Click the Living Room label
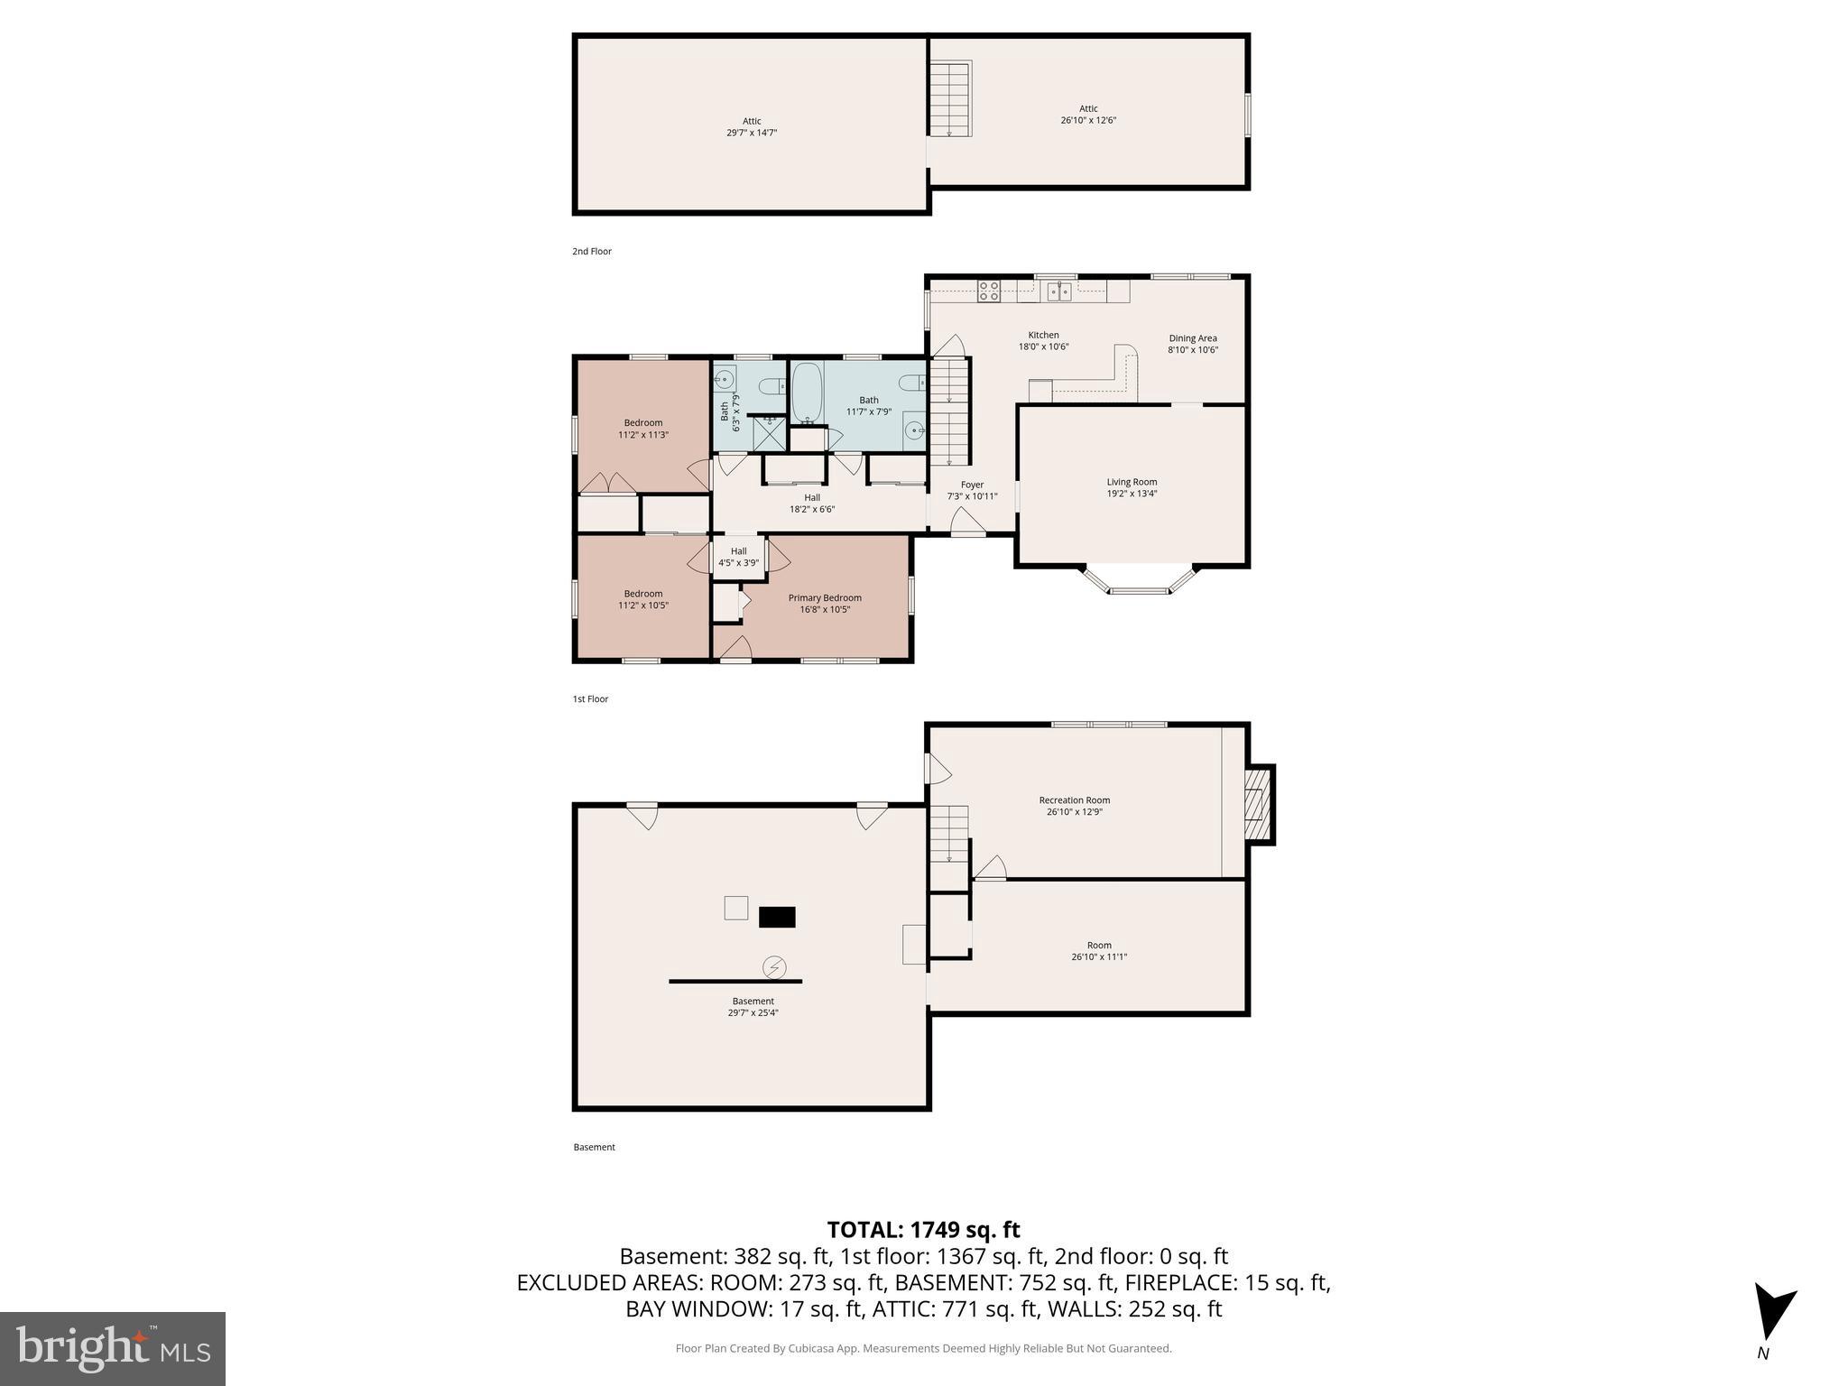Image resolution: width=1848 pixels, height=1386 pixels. click(x=1132, y=482)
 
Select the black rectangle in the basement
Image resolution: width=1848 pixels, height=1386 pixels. click(x=776, y=917)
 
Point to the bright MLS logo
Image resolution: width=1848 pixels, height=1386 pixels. click(x=113, y=1348)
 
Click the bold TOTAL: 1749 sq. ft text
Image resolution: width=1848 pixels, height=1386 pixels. click(x=923, y=1230)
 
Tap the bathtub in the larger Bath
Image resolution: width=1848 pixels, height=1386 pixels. click(x=807, y=393)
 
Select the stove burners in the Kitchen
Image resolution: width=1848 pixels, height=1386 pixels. click(x=989, y=291)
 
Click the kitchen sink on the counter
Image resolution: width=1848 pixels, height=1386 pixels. click(x=1059, y=291)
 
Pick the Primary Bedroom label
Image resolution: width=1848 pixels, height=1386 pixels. click(x=825, y=597)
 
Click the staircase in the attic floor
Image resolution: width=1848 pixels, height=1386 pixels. click(x=950, y=99)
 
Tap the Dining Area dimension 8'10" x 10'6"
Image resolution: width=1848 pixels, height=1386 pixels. click(x=1193, y=350)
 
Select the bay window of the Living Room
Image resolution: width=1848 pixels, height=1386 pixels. click(x=1140, y=581)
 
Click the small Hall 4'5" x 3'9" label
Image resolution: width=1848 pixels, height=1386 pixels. click(x=738, y=557)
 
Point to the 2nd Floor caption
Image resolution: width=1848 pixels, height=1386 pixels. click(x=592, y=251)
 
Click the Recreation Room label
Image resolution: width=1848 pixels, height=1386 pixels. click(x=1074, y=800)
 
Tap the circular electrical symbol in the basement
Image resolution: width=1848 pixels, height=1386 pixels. click(x=774, y=967)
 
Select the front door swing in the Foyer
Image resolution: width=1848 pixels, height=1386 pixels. click(x=967, y=522)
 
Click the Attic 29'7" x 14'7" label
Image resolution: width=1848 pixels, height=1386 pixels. click(x=752, y=126)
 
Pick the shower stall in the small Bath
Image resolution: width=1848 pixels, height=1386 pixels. click(x=769, y=433)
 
